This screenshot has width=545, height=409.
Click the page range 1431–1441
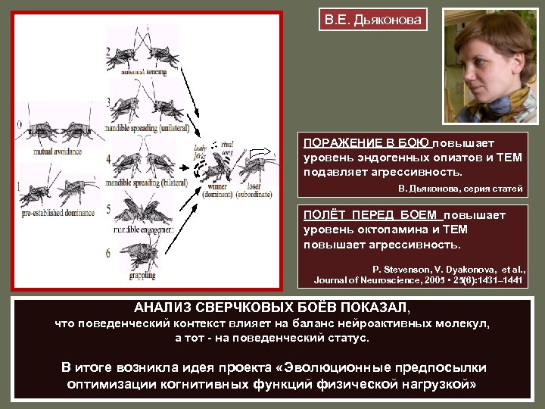point(501,279)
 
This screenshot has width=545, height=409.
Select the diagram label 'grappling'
point(142,276)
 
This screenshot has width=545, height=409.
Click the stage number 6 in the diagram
point(109,252)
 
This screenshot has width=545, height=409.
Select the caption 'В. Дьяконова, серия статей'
point(460,188)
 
